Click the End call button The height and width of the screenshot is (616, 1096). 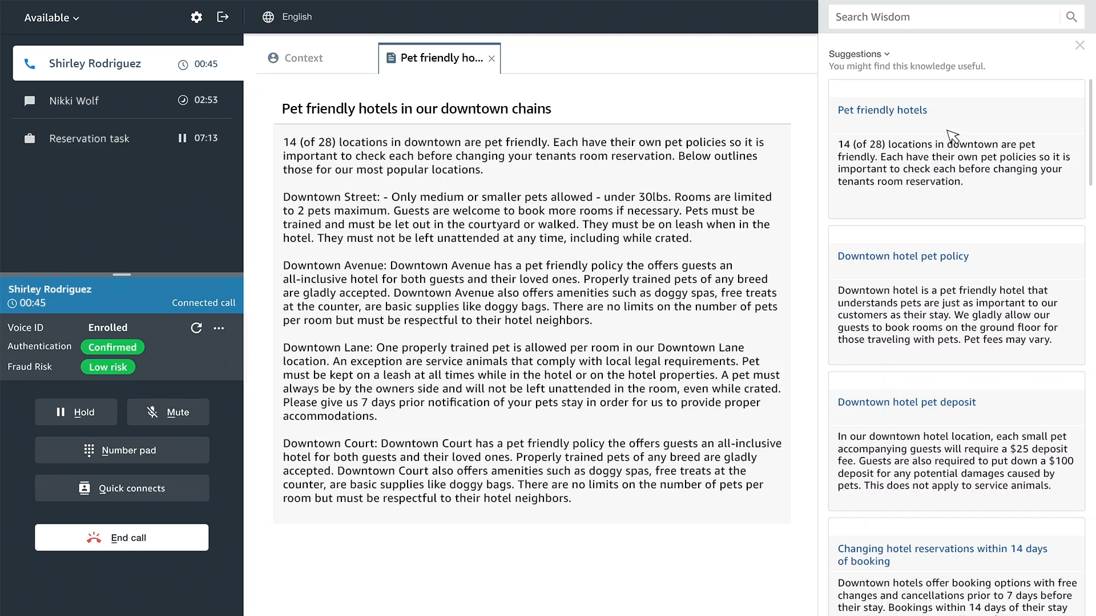point(122,537)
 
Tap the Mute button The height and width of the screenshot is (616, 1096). point(168,412)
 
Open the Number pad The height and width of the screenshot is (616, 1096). point(122,450)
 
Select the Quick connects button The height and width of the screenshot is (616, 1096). point(122,488)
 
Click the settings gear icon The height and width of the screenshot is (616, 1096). point(196,17)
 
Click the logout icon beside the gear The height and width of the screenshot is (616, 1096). point(223,17)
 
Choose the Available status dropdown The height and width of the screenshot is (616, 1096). point(51,18)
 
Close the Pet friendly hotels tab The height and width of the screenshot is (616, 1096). point(491,58)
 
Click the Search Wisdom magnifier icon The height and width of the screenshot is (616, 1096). point(1071,17)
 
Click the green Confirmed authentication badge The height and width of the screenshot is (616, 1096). point(112,347)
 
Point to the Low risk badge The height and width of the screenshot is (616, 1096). point(108,367)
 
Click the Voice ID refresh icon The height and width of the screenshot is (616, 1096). point(196,328)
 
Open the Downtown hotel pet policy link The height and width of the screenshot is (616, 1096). point(902,256)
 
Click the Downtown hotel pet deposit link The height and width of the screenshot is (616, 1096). point(906,402)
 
